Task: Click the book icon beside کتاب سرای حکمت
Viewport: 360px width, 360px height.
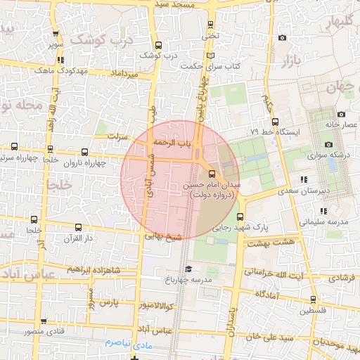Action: [x=210, y=56]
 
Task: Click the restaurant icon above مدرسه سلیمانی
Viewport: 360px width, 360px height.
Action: [x=323, y=211]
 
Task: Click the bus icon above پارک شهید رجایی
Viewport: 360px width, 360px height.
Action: [x=241, y=217]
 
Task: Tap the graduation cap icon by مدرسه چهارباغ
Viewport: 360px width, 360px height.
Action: [x=188, y=269]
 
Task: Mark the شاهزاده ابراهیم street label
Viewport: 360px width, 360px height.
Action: [x=93, y=270]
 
